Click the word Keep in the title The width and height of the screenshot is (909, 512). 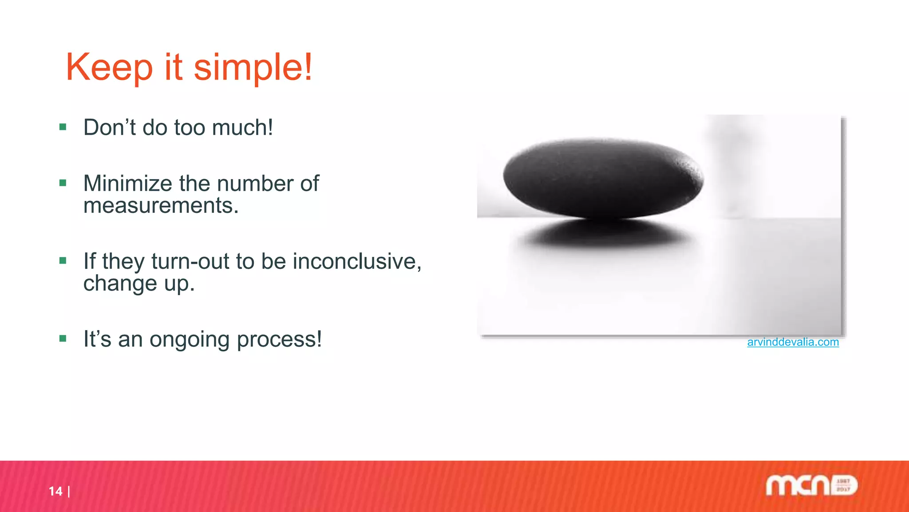pyautogui.click(x=109, y=68)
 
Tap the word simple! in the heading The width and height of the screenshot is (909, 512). pyautogui.click(x=253, y=68)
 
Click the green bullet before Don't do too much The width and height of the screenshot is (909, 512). pyautogui.click(x=63, y=128)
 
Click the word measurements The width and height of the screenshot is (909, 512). pyautogui.click(x=161, y=206)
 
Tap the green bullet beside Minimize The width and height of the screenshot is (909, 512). pyautogui.click(x=63, y=183)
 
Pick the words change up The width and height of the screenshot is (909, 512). pyautogui.click(x=139, y=284)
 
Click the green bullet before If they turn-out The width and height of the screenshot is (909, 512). pyautogui.click(x=63, y=261)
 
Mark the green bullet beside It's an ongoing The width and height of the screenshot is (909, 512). pyautogui.click(x=63, y=339)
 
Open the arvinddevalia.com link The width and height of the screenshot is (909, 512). pyautogui.click(x=793, y=342)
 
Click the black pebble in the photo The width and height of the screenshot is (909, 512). pyautogui.click(x=603, y=178)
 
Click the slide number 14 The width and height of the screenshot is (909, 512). pyautogui.click(x=55, y=491)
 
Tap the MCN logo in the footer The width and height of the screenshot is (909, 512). pyautogui.click(x=811, y=485)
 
